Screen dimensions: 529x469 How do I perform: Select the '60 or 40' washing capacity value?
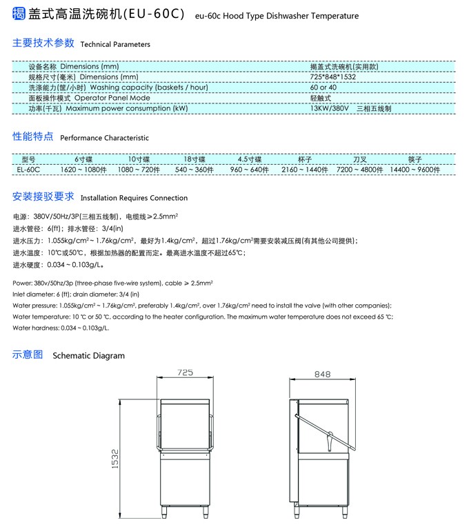click(x=323, y=88)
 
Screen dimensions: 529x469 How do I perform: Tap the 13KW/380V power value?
click(x=330, y=108)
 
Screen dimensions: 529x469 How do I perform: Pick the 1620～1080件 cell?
click(x=83, y=168)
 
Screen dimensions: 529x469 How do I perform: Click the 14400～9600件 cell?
click(x=415, y=168)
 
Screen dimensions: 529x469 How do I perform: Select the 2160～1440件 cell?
click(x=304, y=168)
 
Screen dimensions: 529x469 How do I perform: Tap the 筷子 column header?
click(x=415, y=159)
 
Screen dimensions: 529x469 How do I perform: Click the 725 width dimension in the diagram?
click(x=185, y=372)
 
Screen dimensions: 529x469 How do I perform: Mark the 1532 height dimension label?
click(x=116, y=459)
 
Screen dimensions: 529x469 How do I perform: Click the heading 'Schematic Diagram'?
click(x=89, y=356)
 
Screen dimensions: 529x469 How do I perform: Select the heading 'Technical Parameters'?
click(x=115, y=44)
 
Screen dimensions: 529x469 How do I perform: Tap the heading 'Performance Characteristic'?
click(x=104, y=138)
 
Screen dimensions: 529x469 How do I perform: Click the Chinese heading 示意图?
click(x=28, y=355)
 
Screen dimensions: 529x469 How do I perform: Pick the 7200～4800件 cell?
click(x=359, y=168)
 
